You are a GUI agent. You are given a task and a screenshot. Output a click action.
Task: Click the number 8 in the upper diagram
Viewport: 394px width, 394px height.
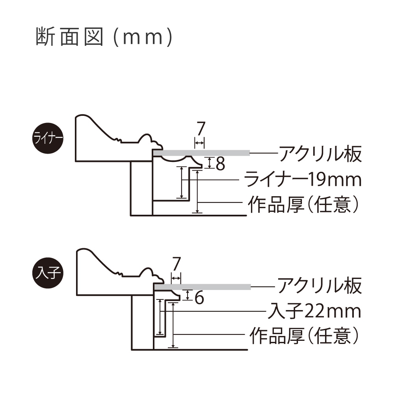220,164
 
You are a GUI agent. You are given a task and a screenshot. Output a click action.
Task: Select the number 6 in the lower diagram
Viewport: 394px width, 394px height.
199,298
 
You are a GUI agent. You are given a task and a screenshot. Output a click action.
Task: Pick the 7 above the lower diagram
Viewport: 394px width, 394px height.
177,263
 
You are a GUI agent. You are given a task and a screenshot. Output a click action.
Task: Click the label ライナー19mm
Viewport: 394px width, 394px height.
303,180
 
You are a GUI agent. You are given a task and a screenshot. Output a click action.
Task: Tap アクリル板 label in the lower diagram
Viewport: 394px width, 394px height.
320,286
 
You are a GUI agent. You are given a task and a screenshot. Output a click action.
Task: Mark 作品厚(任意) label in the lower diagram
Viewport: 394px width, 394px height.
305,336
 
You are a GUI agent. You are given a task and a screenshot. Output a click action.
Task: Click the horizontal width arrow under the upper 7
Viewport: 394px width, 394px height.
200,142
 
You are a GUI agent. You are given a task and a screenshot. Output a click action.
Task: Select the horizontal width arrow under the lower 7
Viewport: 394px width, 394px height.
176,277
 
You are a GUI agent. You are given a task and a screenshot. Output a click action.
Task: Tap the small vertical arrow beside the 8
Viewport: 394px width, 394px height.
210,163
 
